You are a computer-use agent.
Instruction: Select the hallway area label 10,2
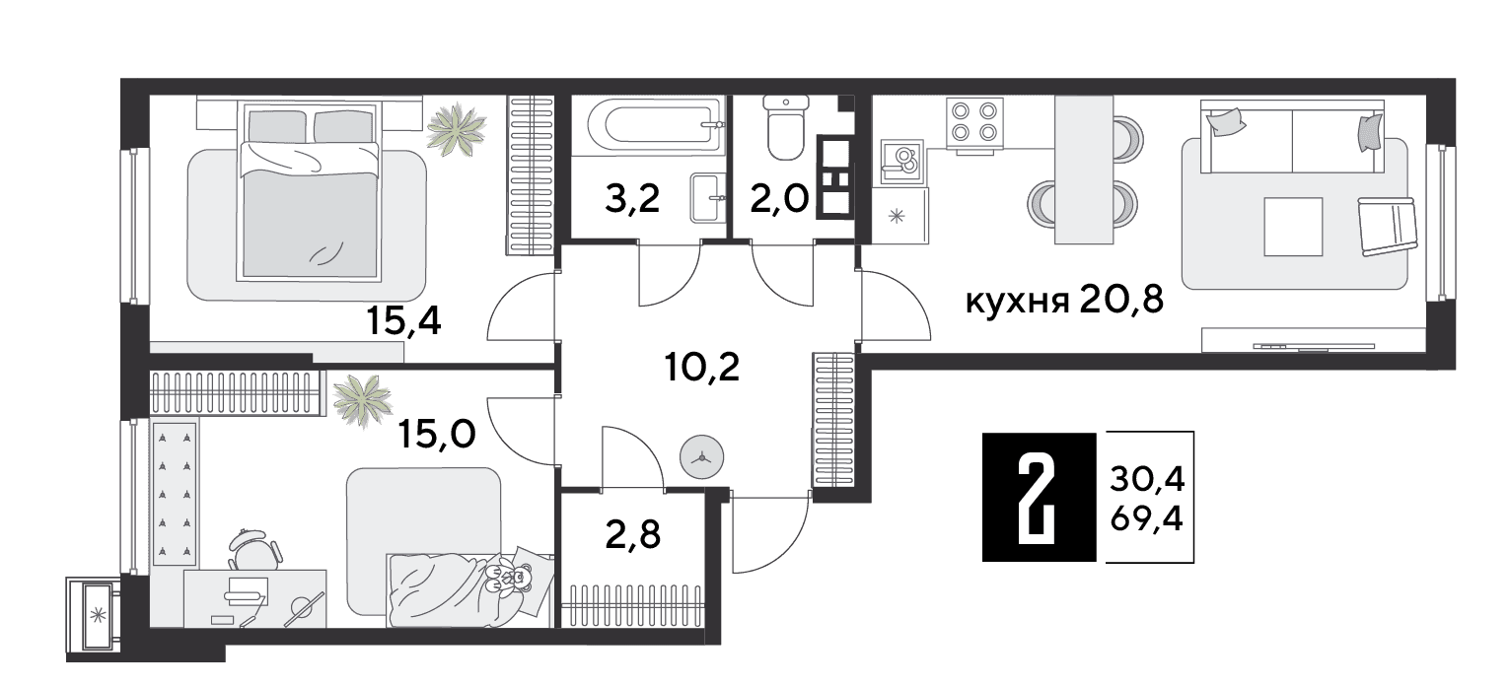702,368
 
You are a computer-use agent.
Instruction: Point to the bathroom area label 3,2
632,198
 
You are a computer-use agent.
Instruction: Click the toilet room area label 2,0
779,198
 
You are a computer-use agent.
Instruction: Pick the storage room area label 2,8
632,535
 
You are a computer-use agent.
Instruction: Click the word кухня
1017,303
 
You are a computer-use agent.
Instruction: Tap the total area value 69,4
1147,519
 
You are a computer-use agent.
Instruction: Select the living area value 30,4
1147,480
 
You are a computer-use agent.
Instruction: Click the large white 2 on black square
1039,497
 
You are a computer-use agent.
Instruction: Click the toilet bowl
785,128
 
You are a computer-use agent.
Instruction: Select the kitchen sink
902,163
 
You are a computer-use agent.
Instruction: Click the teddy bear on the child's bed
511,576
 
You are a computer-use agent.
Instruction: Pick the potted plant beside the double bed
457,129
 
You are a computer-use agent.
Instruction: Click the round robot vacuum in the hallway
702,457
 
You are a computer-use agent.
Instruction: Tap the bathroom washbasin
708,197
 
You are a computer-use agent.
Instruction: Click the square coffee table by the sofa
1293,227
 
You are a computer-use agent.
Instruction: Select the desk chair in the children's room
254,550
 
